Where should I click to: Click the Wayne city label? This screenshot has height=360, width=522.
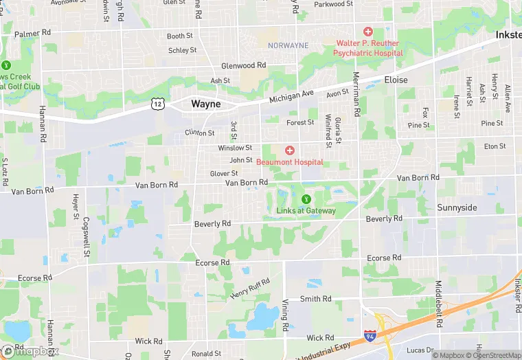[x=206, y=104]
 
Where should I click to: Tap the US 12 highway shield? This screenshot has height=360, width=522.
[x=158, y=104]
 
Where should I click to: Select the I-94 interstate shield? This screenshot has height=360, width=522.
[x=370, y=336]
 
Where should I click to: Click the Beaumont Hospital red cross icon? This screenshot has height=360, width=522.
[x=290, y=150]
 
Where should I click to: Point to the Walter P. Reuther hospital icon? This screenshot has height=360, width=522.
[x=368, y=32]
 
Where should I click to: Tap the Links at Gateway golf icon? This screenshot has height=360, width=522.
[x=306, y=199]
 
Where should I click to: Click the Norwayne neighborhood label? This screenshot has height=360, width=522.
[x=288, y=45]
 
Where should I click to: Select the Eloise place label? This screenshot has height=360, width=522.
[x=396, y=80]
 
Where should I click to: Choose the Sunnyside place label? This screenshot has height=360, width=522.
[x=457, y=207]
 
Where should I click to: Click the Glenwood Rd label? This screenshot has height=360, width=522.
[x=243, y=66]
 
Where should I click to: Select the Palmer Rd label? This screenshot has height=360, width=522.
[x=33, y=33]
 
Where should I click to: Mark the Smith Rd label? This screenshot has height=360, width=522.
[x=316, y=299]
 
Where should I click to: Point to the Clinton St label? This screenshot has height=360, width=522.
[x=200, y=133]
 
